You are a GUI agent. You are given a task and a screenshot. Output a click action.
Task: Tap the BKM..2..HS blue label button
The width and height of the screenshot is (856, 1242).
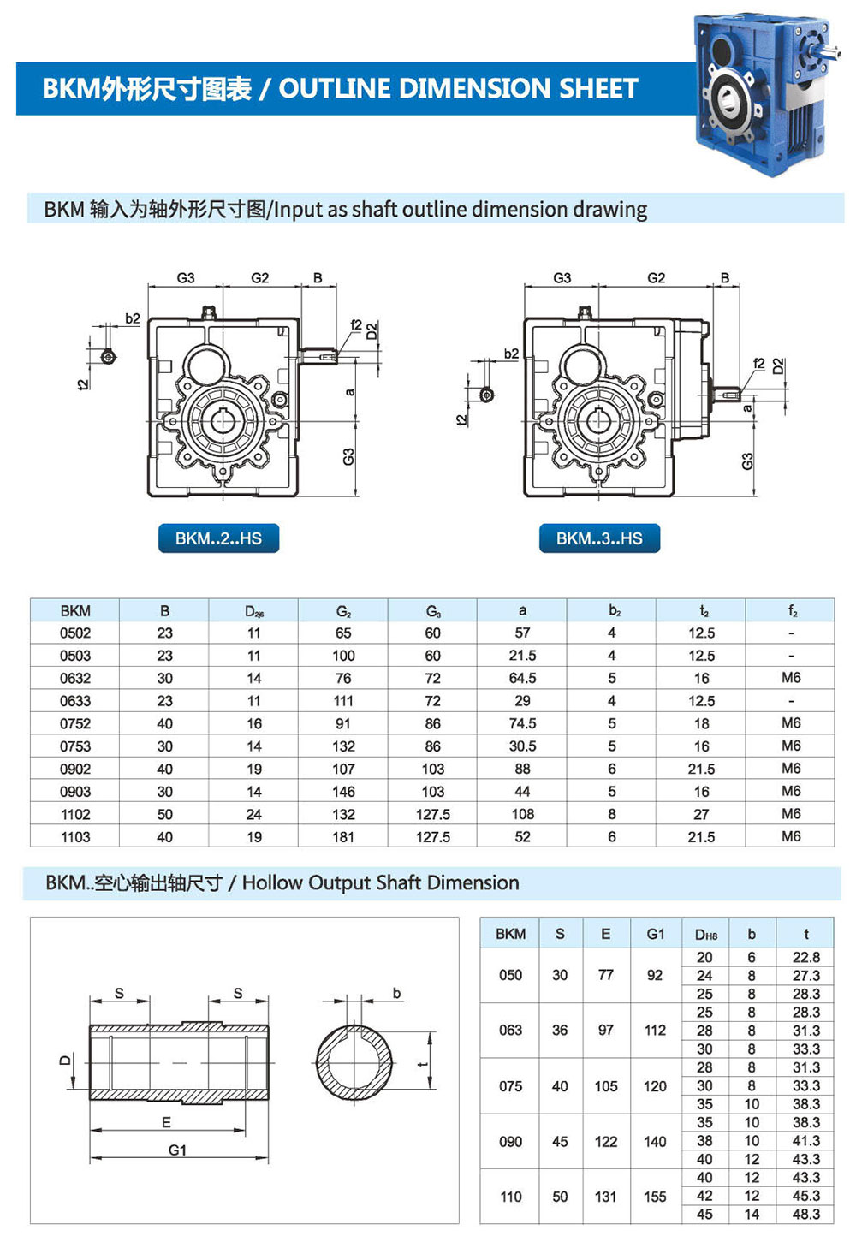coord(218,538)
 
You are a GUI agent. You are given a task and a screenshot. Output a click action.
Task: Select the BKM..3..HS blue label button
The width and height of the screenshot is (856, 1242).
coord(599,538)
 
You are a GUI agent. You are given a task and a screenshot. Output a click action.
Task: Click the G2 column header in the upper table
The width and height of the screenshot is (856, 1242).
coord(343,611)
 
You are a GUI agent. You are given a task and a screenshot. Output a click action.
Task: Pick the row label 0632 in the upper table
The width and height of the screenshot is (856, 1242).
coord(75,678)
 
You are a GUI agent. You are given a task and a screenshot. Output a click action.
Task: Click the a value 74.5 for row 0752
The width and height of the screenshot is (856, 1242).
coord(522,723)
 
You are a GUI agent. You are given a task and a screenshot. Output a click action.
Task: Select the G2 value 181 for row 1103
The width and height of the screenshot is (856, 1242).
coord(343,837)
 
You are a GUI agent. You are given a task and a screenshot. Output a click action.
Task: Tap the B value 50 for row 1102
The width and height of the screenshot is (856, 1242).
coord(164,814)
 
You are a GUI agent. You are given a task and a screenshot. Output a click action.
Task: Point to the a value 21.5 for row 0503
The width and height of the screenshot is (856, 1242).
coord(522,656)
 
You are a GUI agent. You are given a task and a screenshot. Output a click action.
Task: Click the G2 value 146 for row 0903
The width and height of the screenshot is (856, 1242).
coord(343,792)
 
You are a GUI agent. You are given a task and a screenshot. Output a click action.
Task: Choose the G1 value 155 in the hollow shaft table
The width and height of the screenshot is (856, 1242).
coord(655,1197)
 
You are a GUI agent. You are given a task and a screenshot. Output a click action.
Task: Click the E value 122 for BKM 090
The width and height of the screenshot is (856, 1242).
coord(606,1141)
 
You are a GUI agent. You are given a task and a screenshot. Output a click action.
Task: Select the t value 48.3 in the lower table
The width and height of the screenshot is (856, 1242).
coord(806,1214)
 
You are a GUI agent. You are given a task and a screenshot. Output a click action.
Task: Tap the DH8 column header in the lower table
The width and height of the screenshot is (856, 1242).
coord(705,935)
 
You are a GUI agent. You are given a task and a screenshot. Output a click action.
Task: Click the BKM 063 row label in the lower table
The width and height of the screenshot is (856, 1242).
coord(510,1031)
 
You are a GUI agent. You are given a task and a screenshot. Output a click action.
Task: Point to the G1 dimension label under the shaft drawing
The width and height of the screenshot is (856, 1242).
coord(177,1150)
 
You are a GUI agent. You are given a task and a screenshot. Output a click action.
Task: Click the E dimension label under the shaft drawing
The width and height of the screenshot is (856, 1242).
coord(166,1122)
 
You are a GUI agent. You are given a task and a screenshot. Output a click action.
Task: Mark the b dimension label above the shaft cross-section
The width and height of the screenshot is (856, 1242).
coord(396,993)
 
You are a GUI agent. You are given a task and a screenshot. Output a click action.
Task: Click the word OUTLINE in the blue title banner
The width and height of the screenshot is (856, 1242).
coord(332,88)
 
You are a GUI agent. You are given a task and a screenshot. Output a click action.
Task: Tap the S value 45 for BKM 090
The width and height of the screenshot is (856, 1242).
coord(560,1141)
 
